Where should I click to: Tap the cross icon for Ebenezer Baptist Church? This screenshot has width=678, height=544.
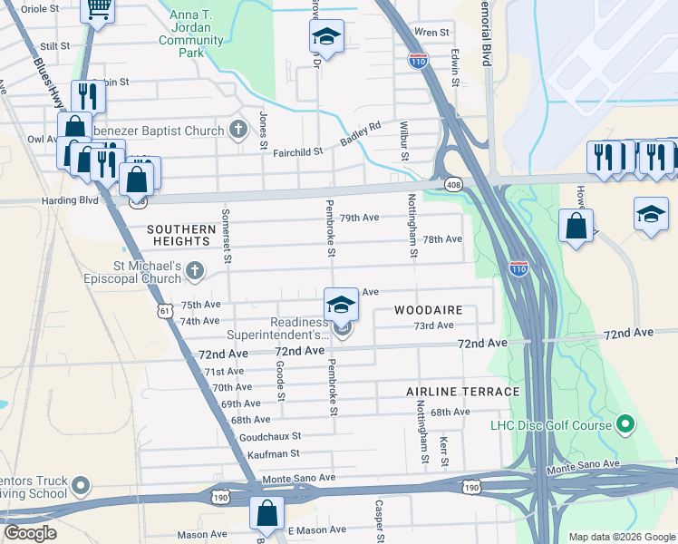[x=237, y=130]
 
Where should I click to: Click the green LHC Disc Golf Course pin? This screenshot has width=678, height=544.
[x=625, y=424]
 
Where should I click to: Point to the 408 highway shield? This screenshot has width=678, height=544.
[x=453, y=185]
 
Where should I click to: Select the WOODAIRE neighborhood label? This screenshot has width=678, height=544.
[x=429, y=310]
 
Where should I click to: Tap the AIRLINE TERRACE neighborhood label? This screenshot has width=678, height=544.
[x=462, y=392]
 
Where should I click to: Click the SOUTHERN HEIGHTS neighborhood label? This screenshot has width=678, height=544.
[x=179, y=236]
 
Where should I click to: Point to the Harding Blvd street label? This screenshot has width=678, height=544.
[x=67, y=200]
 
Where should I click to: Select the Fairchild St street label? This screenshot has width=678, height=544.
[x=298, y=152]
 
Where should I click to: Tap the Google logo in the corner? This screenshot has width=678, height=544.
[x=32, y=533]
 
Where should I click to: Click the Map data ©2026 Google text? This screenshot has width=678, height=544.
[x=621, y=537]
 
